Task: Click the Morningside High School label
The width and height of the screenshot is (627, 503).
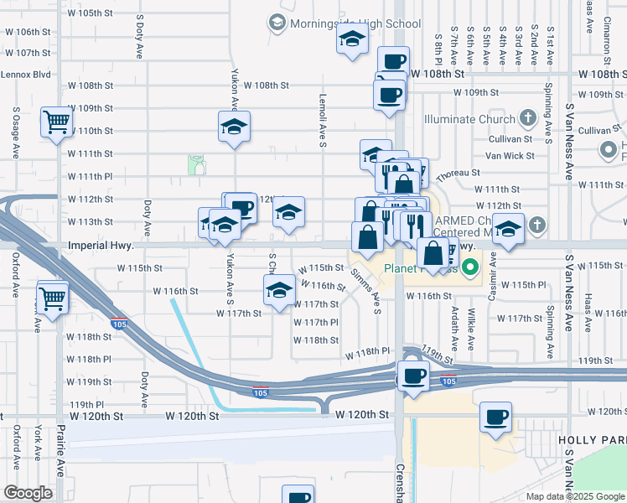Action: click(355, 23)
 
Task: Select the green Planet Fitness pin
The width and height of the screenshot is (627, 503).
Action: click(471, 269)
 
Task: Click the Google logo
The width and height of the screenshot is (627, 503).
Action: click(28, 493)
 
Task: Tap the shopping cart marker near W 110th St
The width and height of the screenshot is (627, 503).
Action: click(56, 122)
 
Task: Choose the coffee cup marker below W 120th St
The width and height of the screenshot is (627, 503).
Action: click(495, 417)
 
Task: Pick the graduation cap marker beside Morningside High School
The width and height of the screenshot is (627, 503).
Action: click(352, 39)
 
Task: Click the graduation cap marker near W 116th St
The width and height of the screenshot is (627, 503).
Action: click(279, 290)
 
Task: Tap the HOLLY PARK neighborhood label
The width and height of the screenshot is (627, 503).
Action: click(594, 439)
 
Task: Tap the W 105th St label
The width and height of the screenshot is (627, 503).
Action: click(90, 13)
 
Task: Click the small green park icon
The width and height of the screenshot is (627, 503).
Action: click(197, 165)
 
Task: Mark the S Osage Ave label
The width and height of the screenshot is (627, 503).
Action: click(16, 132)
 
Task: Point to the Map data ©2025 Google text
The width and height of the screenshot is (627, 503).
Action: click(575, 496)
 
